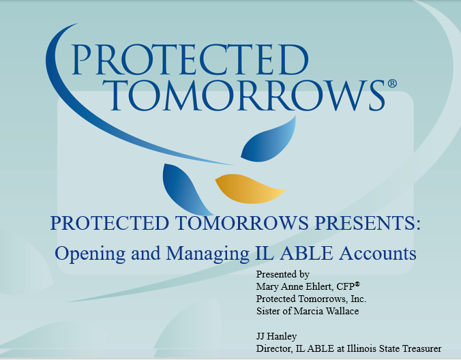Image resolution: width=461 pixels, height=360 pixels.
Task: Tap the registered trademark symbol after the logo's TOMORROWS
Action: pyautogui.click(x=391, y=84)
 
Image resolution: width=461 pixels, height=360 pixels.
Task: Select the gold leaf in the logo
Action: pyautogui.click(x=250, y=187)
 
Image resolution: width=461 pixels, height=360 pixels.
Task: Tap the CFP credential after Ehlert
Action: pyautogui.click(x=348, y=286)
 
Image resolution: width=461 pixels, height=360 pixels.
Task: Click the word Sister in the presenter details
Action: pyautogui.click(x=268, y=310)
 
